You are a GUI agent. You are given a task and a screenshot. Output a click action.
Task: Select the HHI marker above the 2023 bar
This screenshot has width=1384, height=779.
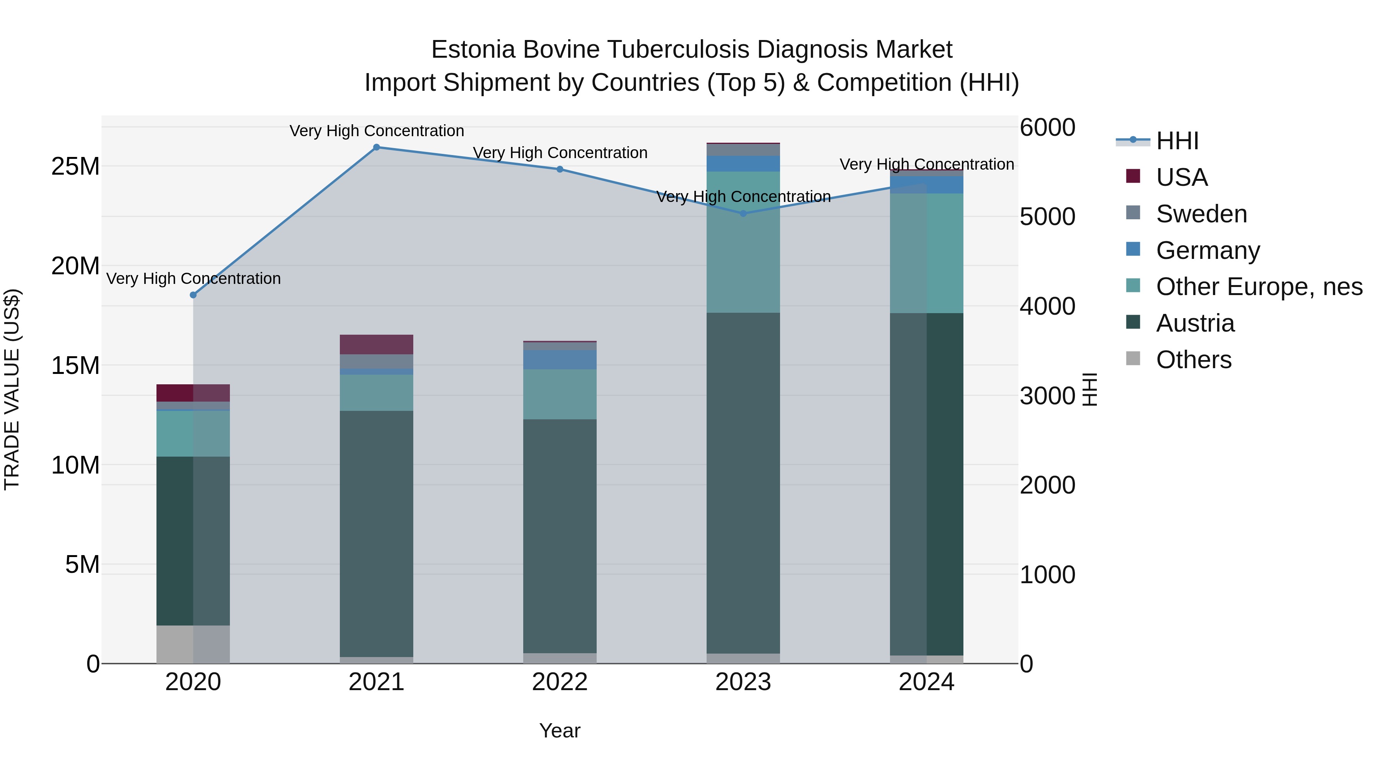(743, 214)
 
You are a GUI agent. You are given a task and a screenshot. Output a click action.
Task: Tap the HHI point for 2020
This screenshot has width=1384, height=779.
(193, 295)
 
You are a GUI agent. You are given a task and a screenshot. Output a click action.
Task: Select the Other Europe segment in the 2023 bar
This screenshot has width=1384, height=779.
(743, 242)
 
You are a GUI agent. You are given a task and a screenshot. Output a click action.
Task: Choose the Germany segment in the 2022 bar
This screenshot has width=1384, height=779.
(559, 359)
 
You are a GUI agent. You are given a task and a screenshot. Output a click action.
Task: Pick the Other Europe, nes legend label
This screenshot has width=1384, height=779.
(1259, 287)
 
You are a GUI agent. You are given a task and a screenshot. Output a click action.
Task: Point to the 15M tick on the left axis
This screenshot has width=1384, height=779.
(75, 365)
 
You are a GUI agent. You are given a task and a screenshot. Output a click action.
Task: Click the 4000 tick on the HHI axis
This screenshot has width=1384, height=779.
(1047, 307)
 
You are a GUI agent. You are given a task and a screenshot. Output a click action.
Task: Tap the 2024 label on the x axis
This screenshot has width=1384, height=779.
(926, 682)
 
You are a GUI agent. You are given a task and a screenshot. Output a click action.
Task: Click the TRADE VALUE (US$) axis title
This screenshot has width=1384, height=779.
(12, 389)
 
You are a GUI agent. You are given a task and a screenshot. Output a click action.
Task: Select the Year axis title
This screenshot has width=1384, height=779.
(559, 731)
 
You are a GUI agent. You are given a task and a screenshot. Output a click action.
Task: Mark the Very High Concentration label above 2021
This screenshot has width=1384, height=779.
(377, 131)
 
